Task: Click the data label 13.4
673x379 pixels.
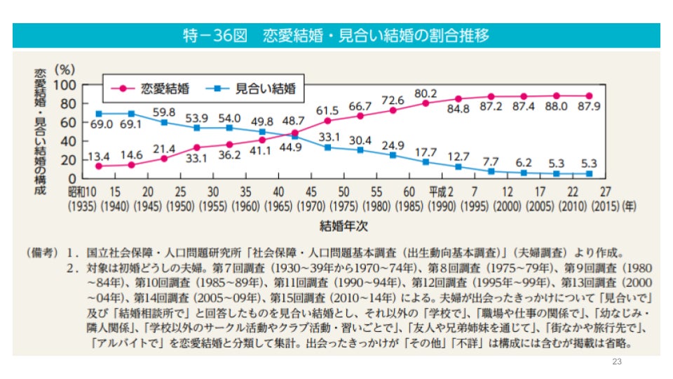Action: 99,154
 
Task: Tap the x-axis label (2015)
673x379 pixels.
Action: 604,207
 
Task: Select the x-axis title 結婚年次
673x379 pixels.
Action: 344,226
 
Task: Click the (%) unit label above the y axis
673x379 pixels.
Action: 65,69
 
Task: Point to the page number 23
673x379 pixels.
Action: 617,361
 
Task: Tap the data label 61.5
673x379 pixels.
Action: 327,110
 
